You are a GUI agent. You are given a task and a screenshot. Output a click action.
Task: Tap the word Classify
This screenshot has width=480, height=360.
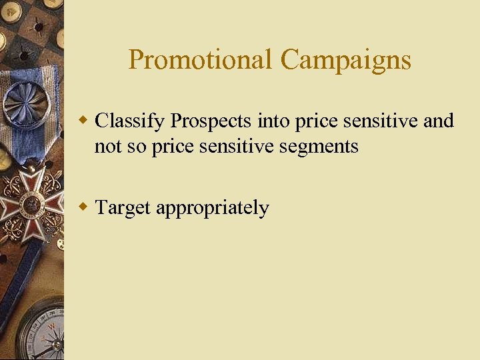130,121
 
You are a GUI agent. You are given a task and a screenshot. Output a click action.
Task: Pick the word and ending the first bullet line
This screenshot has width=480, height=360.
438,121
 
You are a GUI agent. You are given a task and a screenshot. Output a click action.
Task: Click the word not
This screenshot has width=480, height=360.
107,146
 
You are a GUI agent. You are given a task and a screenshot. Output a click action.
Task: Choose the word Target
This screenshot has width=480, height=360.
123,208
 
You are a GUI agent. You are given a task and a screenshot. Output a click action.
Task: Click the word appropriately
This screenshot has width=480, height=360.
213,208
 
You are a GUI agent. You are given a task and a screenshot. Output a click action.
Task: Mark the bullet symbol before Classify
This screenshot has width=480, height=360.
83,121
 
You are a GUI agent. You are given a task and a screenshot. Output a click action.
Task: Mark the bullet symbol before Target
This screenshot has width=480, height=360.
83,207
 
